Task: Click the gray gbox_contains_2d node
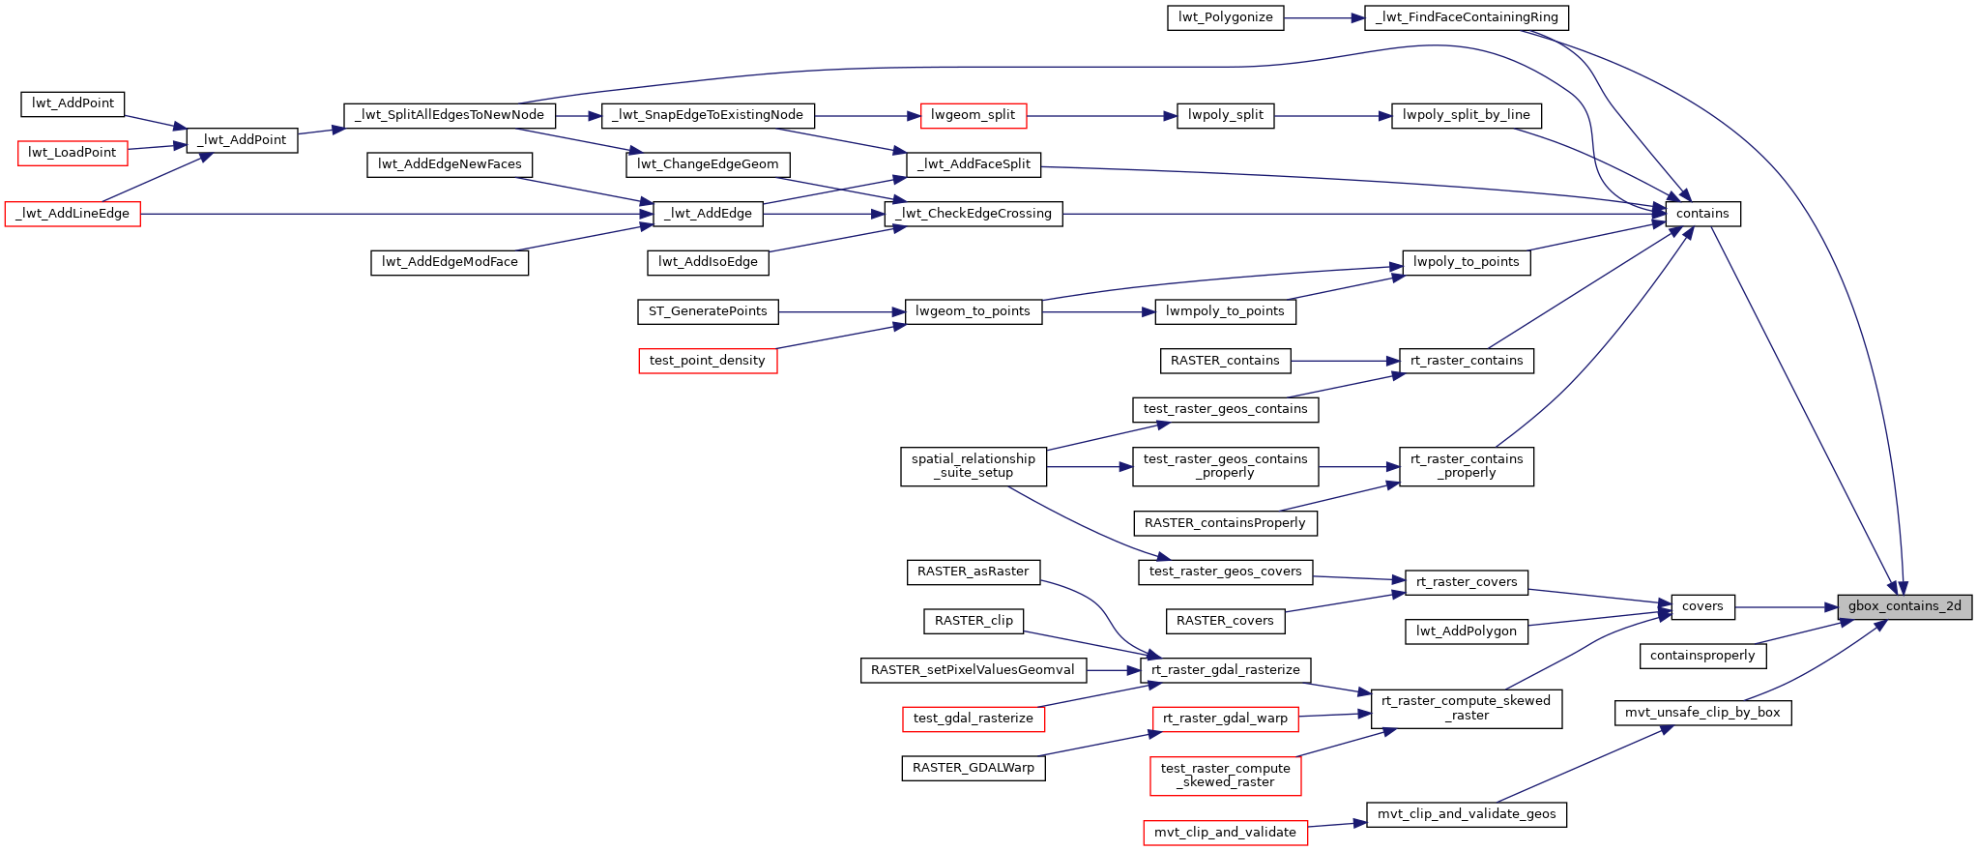point(1904,607)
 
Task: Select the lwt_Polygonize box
point(1225,18)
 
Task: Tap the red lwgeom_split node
point(973,116)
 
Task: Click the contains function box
point(1702,214)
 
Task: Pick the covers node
point(1702,607)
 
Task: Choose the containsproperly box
point(1702,656)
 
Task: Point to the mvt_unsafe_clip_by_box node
point(1702,713)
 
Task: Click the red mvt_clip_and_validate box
point(1225,833)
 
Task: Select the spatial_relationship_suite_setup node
point(974,466)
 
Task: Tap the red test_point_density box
point(708,361)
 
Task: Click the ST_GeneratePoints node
point(708,311)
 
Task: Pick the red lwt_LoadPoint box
point(73,153)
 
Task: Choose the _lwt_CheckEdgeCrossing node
point(974,214)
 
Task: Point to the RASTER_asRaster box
point(974,572)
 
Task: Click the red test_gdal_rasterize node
point(974,719)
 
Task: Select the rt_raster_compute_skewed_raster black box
point(1466,708)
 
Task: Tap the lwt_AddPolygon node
point(1466,631)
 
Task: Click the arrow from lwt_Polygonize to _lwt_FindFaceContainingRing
point(1323,18)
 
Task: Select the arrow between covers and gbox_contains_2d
point(1787,607)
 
